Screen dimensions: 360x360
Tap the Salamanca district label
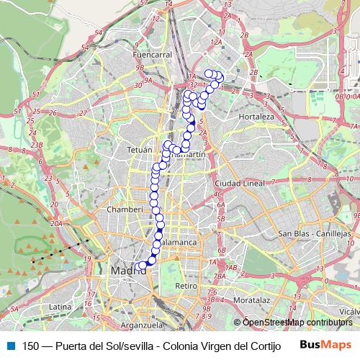click(179, 243)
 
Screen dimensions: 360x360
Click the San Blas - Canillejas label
click(314, 234)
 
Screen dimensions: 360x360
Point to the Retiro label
click(186, 286)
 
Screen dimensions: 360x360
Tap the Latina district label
click(60, 307)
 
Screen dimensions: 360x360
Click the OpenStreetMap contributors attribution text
click(297, 322)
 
